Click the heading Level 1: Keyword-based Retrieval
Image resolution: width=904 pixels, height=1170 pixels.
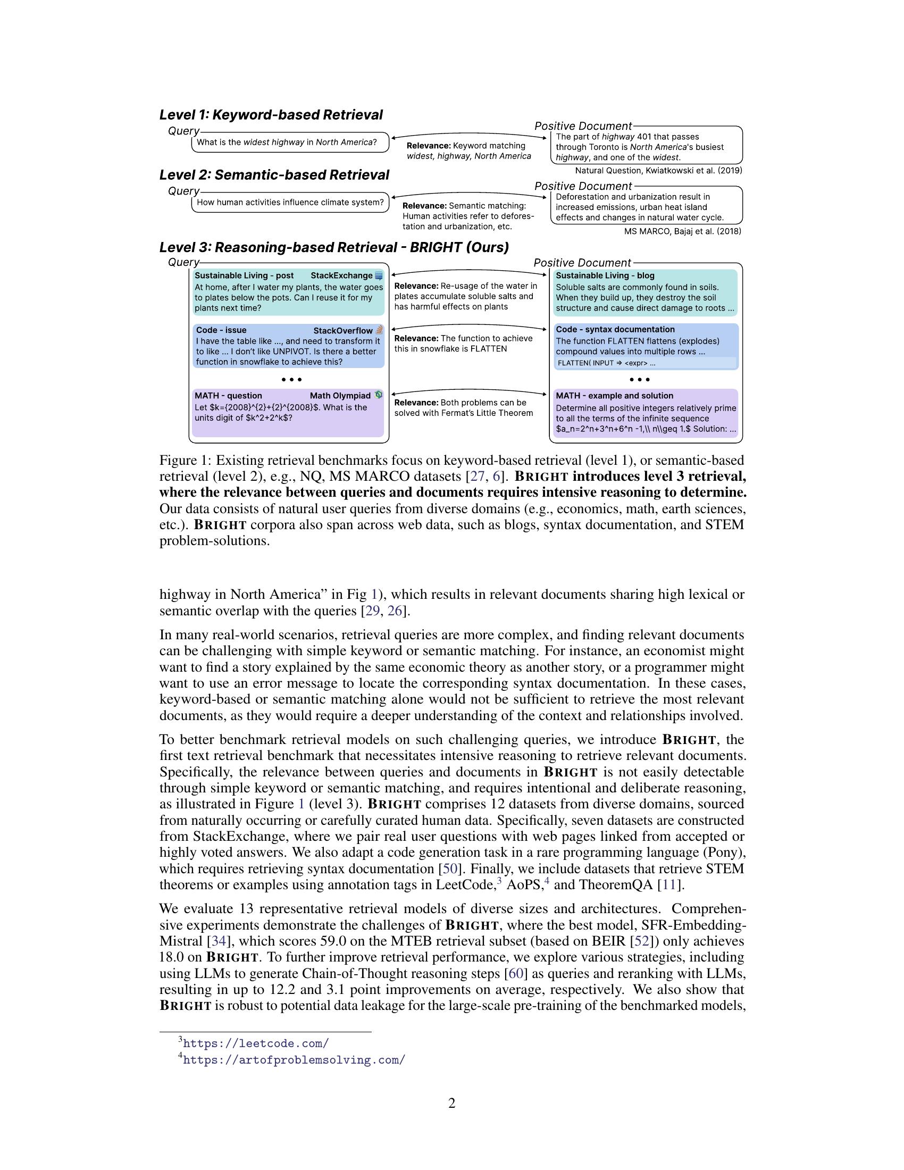click(x=271, y=115)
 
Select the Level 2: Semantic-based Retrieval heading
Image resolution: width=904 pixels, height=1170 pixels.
click(x=274, y=175)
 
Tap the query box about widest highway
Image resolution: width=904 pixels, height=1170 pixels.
click(x=290, y=143)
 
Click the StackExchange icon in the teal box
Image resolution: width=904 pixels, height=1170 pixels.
click(x=379, y=276)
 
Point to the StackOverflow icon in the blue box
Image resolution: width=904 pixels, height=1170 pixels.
click(x=379, y=330)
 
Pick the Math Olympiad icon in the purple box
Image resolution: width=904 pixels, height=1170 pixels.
click(x=379, y=395)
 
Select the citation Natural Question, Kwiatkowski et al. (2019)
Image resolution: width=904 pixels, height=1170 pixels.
click(x=658, y=171)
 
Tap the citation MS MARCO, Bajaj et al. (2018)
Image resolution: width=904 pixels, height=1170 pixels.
click(x=682, y=231)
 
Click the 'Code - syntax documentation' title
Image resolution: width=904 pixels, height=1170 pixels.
click(x=615, y=330)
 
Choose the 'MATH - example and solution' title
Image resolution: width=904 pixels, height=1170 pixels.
click(x=614, y=396)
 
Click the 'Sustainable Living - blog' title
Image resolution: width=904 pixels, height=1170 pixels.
click(x=605, y=276)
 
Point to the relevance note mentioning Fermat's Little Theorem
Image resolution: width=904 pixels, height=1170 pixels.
click(x=463, y=408)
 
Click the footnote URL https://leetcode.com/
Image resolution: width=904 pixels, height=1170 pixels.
click(x=256, y=1043)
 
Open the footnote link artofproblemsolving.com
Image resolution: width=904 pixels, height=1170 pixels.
click(x=294, y=1059)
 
